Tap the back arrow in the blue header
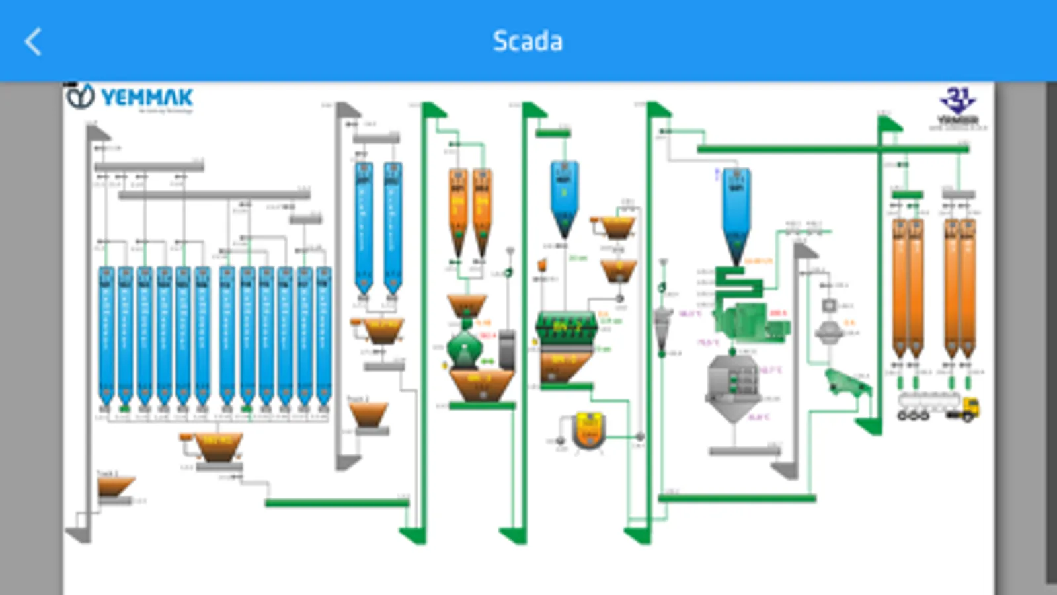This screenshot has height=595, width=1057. click(x=33, y=42)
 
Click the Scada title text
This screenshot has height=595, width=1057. click(x=528, y=42)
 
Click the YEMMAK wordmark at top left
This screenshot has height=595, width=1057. click(x=147, y=98)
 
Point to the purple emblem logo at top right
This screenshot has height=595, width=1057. click(x=957, y=100)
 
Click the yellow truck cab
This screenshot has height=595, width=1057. click(x=969, y=407)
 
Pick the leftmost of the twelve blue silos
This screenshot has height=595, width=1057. click(x=106, y=334)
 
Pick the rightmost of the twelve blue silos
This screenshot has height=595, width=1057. click(x=323, y=334)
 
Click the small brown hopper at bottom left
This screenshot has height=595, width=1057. click(x=115, y=487)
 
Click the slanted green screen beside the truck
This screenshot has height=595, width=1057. click(x=847, y=383)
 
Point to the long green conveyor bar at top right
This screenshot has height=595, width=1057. click(x=833, y=149)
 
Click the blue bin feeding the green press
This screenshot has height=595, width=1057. click(x=735, y=212)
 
